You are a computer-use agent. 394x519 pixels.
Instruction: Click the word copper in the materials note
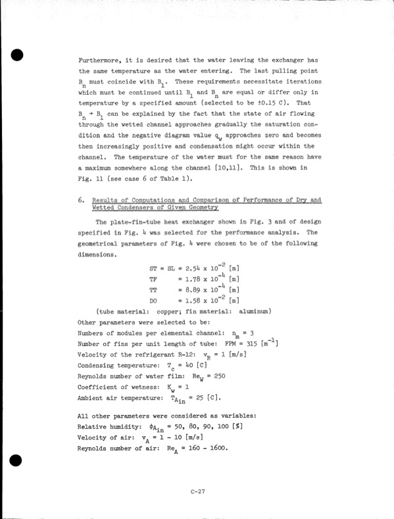point(165,310)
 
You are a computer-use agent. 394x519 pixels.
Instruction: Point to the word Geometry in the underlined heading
point(199,207)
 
